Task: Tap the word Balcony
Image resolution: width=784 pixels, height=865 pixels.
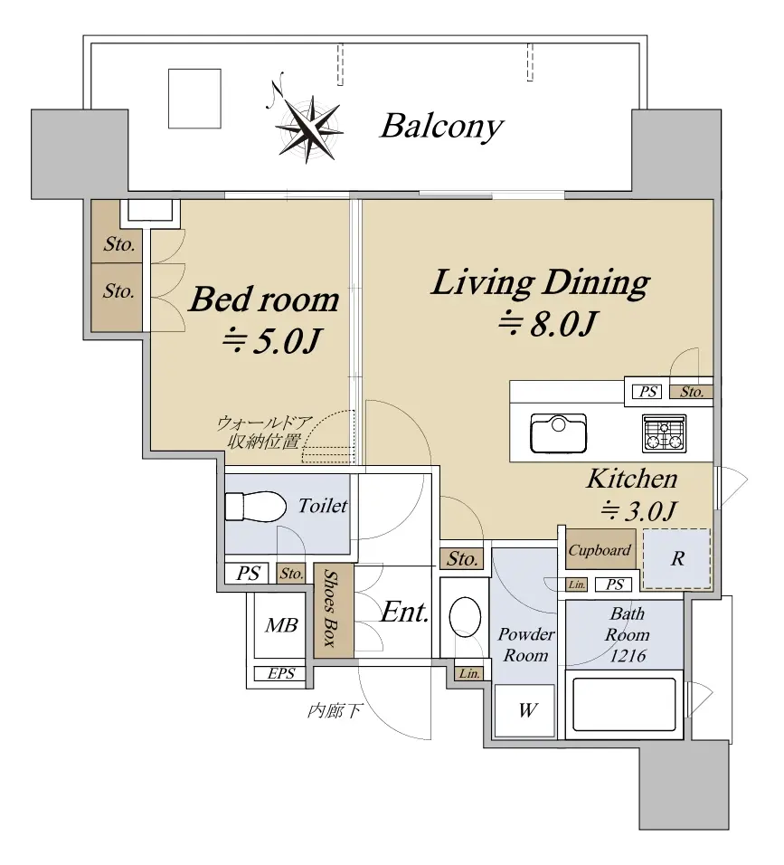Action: click(441, 127)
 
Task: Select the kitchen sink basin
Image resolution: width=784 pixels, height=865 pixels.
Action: click(558, 433)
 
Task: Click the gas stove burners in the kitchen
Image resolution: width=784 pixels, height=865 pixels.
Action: click(665, 433)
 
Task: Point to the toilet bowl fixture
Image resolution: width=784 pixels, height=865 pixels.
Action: click(256, 506)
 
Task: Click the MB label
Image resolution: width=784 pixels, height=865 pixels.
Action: click(281, 625)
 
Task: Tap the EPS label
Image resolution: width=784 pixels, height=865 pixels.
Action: click(281, 673)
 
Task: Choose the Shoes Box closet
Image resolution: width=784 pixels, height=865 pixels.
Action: click(334, 610)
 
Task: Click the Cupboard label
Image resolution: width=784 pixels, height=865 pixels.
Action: click(600, 550)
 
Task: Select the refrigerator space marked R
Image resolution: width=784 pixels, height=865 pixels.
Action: click(677, 558)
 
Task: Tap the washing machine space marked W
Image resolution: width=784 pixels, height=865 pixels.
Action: click(524, 710)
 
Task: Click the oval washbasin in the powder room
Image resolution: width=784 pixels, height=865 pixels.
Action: click(466, 617)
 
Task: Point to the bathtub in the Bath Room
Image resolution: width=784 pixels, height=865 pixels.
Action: click(625, 705)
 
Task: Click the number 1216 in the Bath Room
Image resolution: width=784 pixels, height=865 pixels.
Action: click(628, 655)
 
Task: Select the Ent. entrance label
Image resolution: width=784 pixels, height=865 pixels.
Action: click(405, 612)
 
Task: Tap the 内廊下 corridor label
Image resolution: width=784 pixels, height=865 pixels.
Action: click(334, 711)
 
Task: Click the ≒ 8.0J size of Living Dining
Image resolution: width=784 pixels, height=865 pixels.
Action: click(546, 323)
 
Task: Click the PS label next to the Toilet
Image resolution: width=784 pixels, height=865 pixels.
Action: click(248, 574)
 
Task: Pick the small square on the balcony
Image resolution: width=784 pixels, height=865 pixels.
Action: click(194, 99)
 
